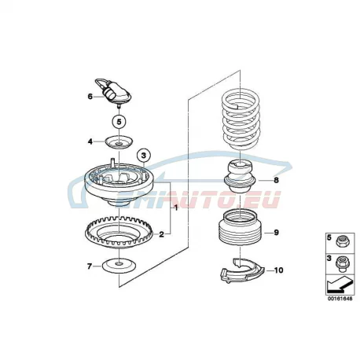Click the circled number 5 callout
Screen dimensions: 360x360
pos(119,122)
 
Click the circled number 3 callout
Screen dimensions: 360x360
pos(144,156)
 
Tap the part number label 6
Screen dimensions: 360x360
pos(90,97)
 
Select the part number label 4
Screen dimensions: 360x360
pos(90,141)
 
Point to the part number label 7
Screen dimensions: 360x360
pos(90,266)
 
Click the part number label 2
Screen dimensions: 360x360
pos(161,234)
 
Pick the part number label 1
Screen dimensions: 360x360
pos(176,208)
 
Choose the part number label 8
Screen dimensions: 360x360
pos(276,180)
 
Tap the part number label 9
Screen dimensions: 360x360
pos(276,233)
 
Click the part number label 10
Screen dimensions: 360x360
pos(278,270)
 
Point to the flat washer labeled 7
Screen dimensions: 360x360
pos(119,266)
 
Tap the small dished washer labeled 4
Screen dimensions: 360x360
pos(119,142)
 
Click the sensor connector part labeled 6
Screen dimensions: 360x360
pos(113,92)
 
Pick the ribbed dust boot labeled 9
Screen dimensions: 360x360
pos(241,227)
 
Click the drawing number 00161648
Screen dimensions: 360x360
pos(340,299)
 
